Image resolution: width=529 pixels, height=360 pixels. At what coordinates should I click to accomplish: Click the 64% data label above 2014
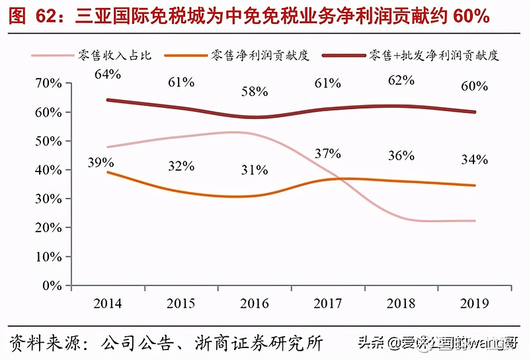(x=108, y=74)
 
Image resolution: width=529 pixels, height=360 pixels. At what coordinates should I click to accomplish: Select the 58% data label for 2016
(x=255, y=92)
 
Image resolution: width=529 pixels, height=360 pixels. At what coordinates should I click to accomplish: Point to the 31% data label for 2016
(x=255, y=170)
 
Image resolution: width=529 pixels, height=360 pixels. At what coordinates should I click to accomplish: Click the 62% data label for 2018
(x=401, y=81)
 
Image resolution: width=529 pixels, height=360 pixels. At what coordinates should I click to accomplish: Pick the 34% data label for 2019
(x=475, y=159)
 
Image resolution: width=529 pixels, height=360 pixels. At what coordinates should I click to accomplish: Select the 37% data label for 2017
(x=328, y=154)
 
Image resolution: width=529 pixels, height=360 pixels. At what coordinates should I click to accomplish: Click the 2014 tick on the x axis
(x=108, y=304)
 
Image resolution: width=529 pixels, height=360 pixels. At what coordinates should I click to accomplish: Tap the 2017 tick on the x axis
(x=328, y=304)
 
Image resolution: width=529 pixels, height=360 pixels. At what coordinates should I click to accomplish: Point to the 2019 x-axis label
(x=475, y=304)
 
